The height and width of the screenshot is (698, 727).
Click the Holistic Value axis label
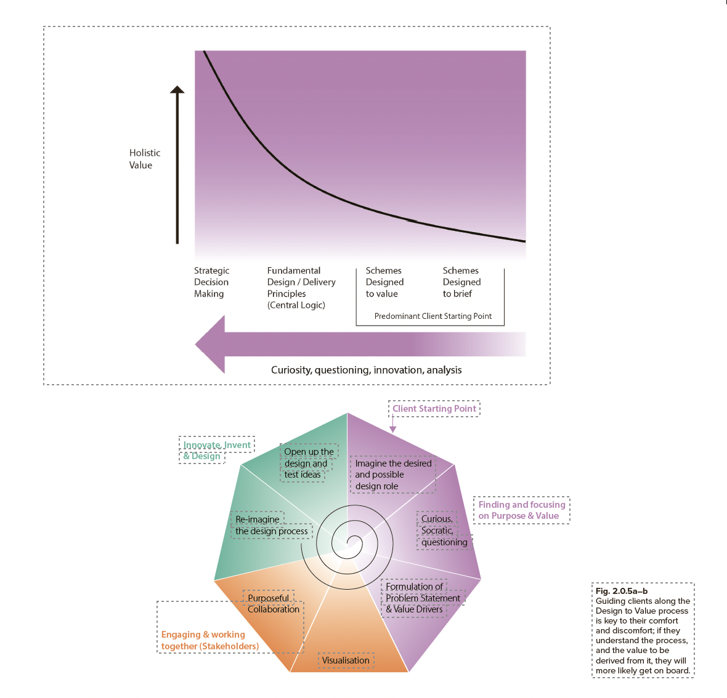click(x=145, y=159)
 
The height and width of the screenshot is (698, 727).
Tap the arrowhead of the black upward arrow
click(x=177, y=89)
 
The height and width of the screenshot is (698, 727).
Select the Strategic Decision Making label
click(x=211, y=282)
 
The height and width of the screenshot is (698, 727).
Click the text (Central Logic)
click(x=296, y=305)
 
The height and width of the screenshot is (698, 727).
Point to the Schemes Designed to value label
click(x=384, y=282)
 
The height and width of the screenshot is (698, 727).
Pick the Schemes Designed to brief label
click(x=461, y=282)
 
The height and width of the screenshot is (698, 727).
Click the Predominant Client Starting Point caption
click(x=433, y=316)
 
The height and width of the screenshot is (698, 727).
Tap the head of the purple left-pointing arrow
click(x=210, y=345)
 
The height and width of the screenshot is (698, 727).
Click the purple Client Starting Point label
click(x=434, y=409)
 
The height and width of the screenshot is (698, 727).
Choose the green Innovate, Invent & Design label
click(x=216, y=450)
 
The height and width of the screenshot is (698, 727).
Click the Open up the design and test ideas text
click(x=309, y=463)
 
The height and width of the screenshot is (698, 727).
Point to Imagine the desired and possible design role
click(x=393, y=475)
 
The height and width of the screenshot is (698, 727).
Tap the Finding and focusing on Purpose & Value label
click(x=522, y=510)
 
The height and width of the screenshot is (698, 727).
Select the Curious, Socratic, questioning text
click(x=444, y=531)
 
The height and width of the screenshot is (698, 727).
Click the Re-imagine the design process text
click(x=271, y=525)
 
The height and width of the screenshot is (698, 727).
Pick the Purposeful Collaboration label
click(x=273, y=604)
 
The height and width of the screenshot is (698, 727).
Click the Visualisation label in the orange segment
click(x=346, y=660)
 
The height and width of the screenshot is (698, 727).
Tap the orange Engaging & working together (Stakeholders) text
click(x=210, y=641)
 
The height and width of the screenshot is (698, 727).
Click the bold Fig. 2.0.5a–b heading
click(x=621, y=591)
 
